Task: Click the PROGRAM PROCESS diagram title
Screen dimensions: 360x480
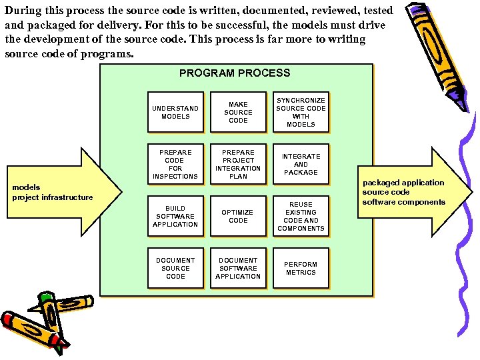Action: pos(235,73)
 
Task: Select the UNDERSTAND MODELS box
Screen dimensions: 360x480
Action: pos(175,112)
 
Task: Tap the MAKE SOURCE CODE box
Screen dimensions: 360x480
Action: pos(238,112)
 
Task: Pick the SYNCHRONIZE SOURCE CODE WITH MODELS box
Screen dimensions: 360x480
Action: pos(301,112)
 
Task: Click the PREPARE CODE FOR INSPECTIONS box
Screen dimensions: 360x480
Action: pos(175,164)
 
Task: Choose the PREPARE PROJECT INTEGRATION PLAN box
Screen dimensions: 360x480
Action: pos(238,164)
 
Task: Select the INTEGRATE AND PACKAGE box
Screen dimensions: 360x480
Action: pos(301,164)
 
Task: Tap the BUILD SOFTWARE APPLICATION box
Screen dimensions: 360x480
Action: pos(175,216)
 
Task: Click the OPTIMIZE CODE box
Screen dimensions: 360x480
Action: pos(238,216)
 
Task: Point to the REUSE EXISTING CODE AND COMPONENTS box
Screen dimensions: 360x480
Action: pos(301,216)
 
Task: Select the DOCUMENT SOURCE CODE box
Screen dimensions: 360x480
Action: pos(175,268)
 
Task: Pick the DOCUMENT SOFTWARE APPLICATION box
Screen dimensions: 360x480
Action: pos(238,268)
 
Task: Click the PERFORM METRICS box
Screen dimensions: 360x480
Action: pos(301,268)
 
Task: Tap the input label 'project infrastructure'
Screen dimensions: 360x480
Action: pos(53,197)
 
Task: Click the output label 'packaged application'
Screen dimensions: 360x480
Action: pos(403,183)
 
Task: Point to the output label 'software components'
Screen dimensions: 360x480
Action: pos(403,202)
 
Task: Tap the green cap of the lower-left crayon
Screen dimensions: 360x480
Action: pos(45,299)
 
